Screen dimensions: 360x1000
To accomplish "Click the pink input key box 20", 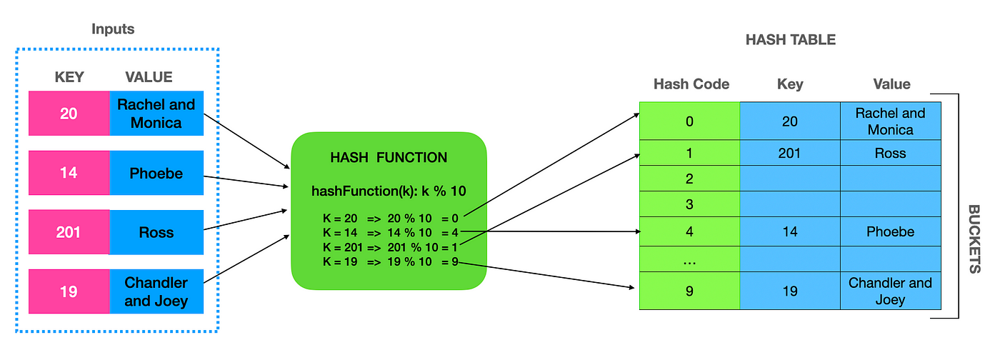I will coord(69,113).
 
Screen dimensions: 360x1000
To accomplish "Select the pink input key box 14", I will coord(69,173).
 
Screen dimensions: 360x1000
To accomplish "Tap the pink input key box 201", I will coord(69,232).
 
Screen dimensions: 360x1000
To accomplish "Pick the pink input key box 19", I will coord(69,291).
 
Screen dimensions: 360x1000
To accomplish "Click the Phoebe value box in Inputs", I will coord(156,173).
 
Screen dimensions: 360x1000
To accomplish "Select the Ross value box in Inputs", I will coord(156,232).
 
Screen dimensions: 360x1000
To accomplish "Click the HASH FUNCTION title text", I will coord(389,158).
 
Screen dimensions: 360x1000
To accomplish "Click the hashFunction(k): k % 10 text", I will coord(389,191).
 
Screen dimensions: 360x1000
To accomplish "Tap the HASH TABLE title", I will coord(790,40).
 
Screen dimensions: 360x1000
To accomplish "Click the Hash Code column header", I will coord(691,84).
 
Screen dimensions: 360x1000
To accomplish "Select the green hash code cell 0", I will coord(689,121).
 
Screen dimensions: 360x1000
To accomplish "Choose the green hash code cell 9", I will coord(689,291).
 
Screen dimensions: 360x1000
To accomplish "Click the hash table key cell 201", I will coord(789,154).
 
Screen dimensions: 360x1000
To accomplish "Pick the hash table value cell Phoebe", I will coord(890,231).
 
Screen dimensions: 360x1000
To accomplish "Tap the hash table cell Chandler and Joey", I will coord(890,291).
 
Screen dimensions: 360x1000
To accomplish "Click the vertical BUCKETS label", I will coord(974,239).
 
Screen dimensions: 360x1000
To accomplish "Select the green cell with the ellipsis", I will coord(689,261).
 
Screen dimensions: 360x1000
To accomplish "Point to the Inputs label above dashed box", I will coord(113,29).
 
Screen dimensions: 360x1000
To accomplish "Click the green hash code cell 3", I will coord(689,204).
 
